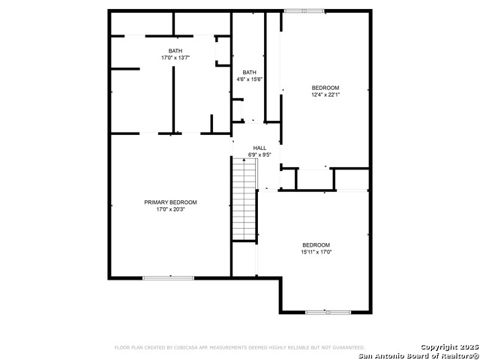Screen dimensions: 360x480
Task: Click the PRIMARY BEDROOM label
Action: [170, 202]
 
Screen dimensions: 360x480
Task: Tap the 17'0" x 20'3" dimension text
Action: [170, 209]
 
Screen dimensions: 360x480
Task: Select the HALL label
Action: [259, 148]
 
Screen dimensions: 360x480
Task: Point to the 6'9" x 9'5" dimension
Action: [259, 155]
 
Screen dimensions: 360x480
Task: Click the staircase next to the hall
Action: [244, 199]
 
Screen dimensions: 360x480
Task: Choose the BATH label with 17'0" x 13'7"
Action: [175, 51]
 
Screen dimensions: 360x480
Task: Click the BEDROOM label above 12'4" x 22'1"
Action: [325, 88]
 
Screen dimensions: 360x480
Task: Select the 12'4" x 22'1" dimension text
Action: [325, 95]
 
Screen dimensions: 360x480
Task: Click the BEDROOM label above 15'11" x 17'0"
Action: [316, 245]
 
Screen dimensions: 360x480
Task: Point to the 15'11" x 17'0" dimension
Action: [316, 253]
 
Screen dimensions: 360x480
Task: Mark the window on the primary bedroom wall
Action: [169, 278]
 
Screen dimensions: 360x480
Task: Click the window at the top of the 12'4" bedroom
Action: [304, 10]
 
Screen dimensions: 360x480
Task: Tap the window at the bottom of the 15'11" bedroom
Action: [328, 311]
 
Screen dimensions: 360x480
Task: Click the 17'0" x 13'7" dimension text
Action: [175, 58]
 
